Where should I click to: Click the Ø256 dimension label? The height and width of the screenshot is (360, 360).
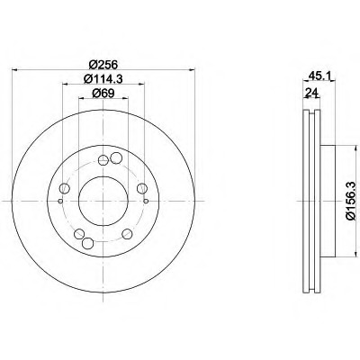[x=103, y=64]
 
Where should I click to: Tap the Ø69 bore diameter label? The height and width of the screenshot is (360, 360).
[x=103, y=94]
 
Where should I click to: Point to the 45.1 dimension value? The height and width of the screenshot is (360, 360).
[x=319, y=76]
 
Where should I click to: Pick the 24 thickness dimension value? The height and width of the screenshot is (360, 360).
[x=311, y=93]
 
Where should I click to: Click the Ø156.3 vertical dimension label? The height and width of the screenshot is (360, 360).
[x=354, y=202]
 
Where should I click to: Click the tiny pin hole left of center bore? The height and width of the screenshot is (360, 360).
[x=60, y=201]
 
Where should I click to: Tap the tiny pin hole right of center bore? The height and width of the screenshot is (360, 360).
[x=146, y=201]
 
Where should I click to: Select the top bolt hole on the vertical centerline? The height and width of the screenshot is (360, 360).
[x=103, y=160]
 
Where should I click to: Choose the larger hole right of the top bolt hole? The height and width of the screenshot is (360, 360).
[x=116, y=158]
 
